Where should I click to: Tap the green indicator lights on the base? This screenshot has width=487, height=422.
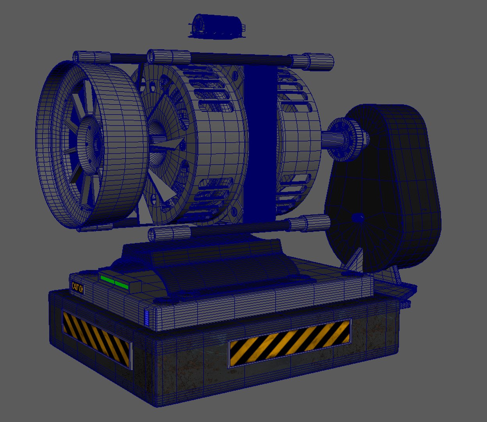tap(114, 282)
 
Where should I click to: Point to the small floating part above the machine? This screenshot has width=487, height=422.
tap(217, 27)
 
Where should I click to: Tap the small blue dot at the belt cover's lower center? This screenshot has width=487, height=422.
tap(358, 217)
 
